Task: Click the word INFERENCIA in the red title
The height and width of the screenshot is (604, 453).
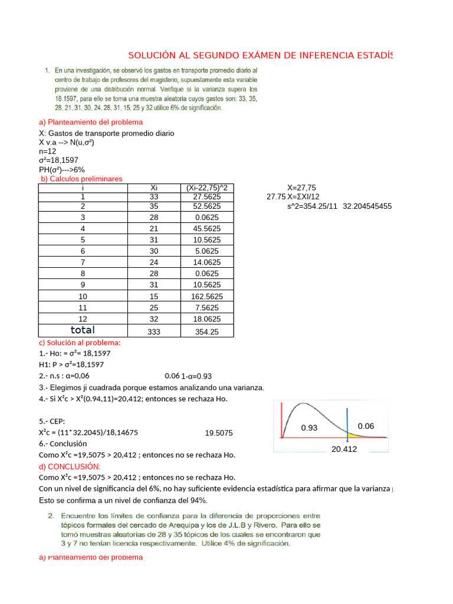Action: pos(318,55)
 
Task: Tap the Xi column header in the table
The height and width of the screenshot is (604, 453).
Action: pos(154,188)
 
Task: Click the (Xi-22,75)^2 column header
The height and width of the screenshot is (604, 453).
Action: pos(206,188)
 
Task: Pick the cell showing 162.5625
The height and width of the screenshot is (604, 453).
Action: pos(206,296)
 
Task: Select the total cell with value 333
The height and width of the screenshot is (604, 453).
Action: pos(154,331)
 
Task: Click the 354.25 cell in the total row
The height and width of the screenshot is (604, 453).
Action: pos(206,331)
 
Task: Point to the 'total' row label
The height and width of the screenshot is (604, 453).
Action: pos(83,330)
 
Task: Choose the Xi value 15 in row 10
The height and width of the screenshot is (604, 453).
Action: pos(154,296)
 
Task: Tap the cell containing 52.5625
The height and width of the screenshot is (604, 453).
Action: pos(206,206)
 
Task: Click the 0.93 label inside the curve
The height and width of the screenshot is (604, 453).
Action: pos(309,427)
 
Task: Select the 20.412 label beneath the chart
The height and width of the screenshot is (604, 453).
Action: pos(344,449)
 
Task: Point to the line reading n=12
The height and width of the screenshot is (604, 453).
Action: pos(48,151)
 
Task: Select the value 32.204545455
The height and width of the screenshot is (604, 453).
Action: pos(367,206)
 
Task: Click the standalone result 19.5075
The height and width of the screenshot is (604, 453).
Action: pos(219,433)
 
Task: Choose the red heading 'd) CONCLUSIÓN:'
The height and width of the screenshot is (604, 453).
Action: pos(70,467)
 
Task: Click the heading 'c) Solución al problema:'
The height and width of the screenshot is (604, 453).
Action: pos(80,343)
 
